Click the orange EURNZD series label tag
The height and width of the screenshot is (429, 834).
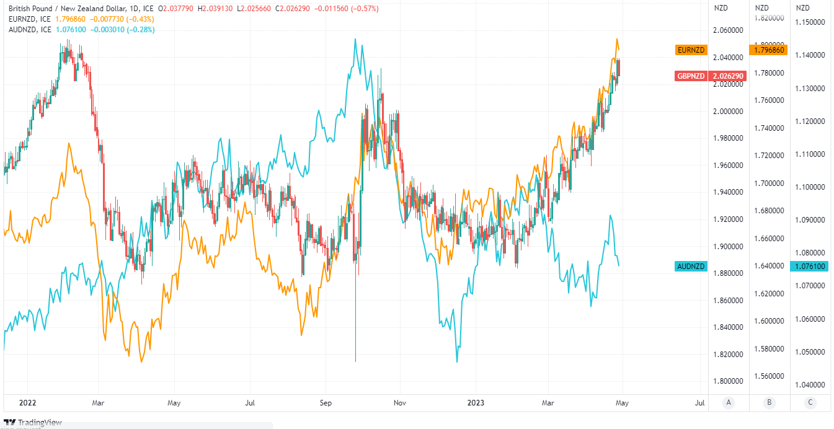[x=691, y=50]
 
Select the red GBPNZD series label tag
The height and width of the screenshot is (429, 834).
[x=691, y=76]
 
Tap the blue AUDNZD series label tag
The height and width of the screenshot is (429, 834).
[x=691, y=267]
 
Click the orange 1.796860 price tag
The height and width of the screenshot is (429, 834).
[x=768, y=50]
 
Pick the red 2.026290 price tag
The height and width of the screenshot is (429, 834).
[x=728, y=76]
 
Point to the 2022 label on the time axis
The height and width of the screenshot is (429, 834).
[x=28, y=403]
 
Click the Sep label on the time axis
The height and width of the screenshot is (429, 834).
[x=326, y=403]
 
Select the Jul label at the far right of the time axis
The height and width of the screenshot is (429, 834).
[x=699, y=403]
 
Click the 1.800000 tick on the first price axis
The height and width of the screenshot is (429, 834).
[x=728, y=381]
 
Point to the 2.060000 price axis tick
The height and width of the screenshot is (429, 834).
[x=728, y=30]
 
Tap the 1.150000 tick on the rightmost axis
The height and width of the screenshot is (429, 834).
[x=810, y=22]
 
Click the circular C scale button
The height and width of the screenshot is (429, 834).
[x=810, y=403]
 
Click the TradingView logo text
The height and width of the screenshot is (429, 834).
[x=40, y=422]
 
